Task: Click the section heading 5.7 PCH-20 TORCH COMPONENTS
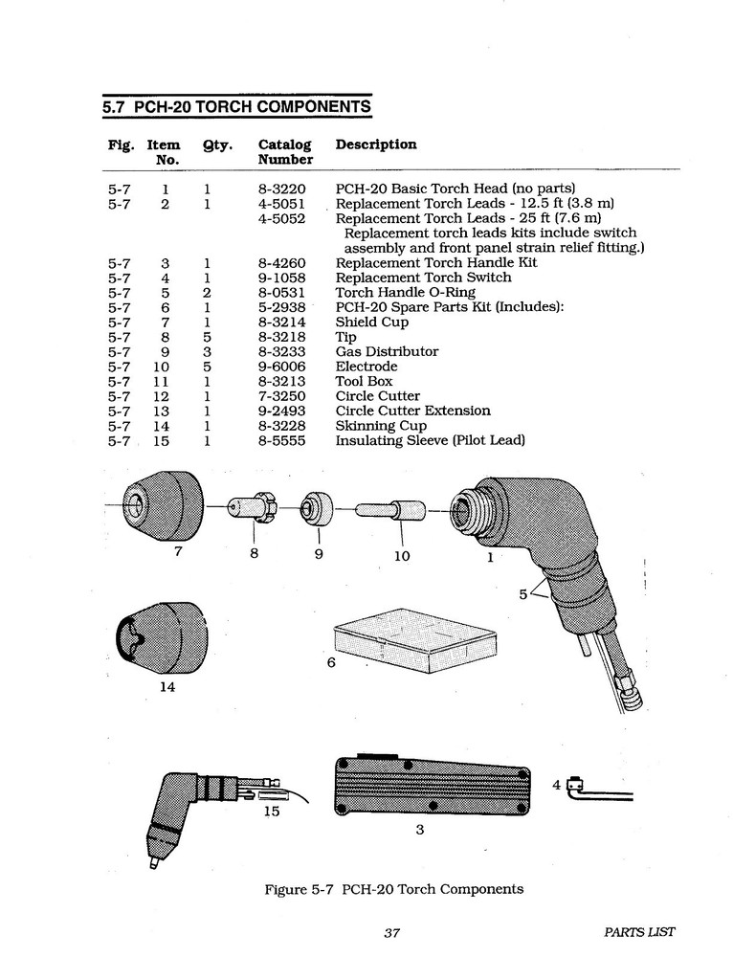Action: [236, 107]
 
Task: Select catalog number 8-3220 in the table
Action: [281, 189]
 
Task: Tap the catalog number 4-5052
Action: [281, 218]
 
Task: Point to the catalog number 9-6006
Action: [281, 367]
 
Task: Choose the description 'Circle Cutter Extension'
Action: [412, 411]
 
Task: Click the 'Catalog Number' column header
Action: [285, 152]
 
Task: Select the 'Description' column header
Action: [376, 145]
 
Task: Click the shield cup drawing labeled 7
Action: [165, 505]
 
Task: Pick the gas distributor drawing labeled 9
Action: [314, 508]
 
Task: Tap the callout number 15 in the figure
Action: [271, 812]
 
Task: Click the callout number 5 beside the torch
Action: [522, 594]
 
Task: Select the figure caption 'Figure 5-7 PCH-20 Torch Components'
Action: [393, 889]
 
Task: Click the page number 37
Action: [390, 933]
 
